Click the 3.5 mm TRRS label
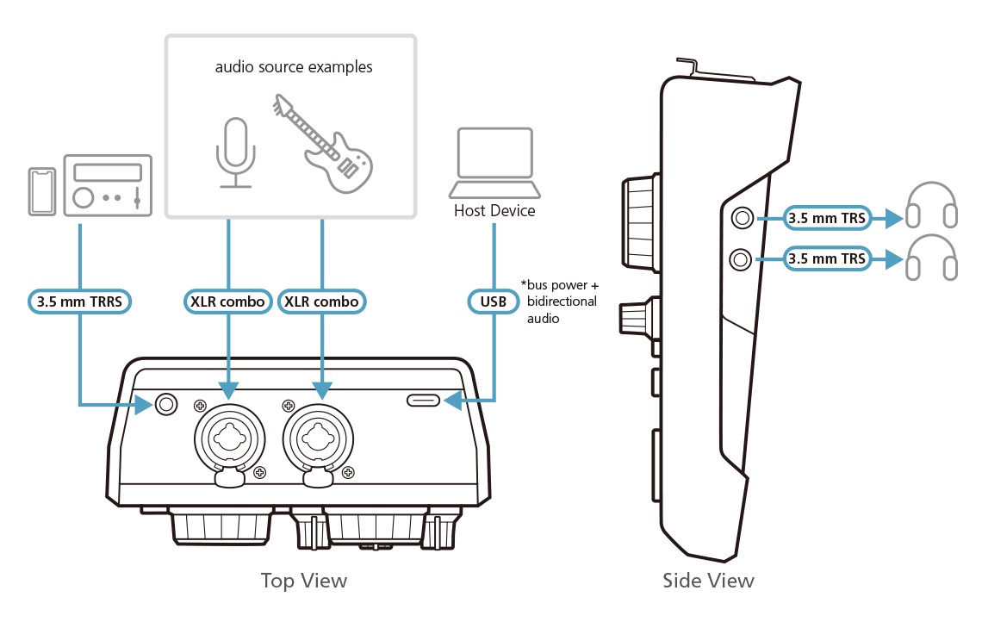point(78,302)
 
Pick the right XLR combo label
point(322,302)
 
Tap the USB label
point(494,302)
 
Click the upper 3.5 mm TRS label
point(826,218)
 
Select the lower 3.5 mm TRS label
point(826,258)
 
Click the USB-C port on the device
point(424,401)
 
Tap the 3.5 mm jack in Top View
point(165,403)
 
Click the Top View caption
point(303,581)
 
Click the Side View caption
point(708,581)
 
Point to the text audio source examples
point(293,67)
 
